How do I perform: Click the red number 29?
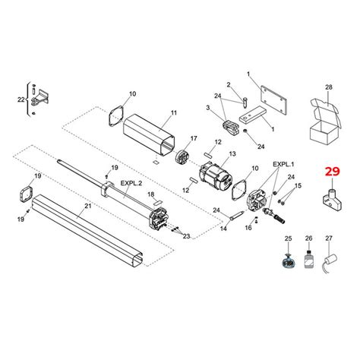(332, 172)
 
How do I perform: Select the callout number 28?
(329, 88)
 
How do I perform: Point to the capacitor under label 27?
(328, 265)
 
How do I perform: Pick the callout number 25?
(288, 240)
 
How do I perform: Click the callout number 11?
(173, 112)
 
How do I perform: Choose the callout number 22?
(21, 99)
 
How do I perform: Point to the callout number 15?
(298, 185)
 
